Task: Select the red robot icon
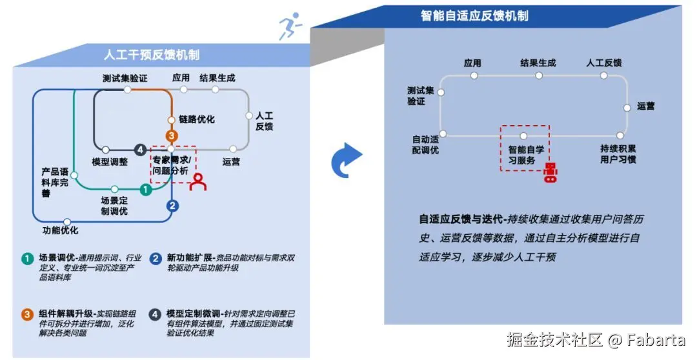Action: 550,173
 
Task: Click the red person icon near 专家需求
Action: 198,182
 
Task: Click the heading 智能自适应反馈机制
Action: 474,15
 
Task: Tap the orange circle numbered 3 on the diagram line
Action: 171,135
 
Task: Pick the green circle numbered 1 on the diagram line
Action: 146,190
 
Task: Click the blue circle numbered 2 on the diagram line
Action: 172,206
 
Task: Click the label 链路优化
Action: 196,119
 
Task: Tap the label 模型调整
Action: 110,162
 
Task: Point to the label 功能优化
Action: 60,230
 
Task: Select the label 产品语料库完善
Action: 55,183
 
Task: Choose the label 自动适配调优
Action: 425,145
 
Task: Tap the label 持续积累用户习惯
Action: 618,154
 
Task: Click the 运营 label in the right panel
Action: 645,106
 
